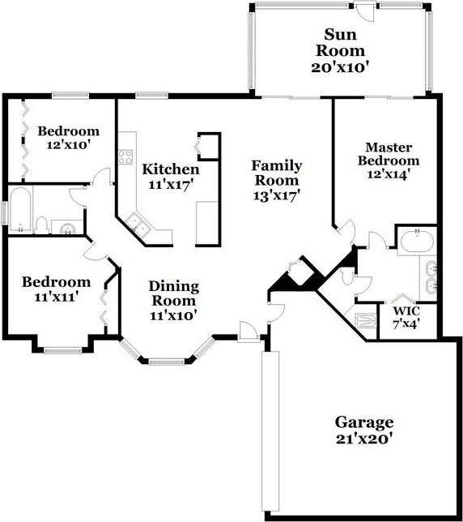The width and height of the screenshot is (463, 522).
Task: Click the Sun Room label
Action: (x=340, y=43)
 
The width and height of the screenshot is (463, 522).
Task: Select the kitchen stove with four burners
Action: (x=125, y=156)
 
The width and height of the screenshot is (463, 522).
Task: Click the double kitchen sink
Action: (x=138, y=224)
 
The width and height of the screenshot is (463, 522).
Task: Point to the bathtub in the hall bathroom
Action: (x=20, y=210)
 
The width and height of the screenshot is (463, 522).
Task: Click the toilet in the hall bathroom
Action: (x=42, y=225)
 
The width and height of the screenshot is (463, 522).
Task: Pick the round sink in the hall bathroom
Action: (x=68, y=229)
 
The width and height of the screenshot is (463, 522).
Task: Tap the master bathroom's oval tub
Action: (x=417, y=241)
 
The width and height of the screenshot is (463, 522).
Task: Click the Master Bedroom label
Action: (x=389, y=154)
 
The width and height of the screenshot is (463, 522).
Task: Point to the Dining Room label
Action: (x=174, y=293)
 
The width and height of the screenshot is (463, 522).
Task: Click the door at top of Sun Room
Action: (x=364, y=11)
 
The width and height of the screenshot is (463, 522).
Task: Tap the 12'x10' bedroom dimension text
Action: (x=69, y=145)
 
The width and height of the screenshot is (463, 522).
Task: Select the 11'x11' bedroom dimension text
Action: (x=56, y=297)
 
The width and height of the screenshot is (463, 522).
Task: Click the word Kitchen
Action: (x=171, y=169)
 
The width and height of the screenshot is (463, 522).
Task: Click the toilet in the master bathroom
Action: (x=347, y=276)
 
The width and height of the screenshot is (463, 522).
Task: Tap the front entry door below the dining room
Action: (x=248, y=332)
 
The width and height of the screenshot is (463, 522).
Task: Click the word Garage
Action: (x=364, y=423)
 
